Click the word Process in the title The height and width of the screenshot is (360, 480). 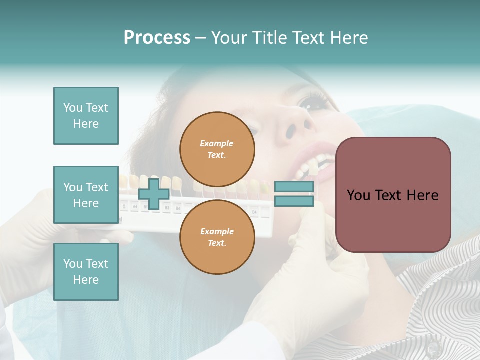pos(157,38)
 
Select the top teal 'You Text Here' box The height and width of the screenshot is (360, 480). pos(86,116)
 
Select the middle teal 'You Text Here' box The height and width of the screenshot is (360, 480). pos(86,195)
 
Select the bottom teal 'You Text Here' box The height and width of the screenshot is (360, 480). pos(86,271)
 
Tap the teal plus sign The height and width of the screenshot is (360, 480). pos(154,194)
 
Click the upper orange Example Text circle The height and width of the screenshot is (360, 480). pos(217,149)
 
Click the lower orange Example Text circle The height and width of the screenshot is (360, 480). pos(217,237)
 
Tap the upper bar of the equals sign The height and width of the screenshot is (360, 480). pos(294,187)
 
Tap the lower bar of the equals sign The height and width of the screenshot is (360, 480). pos(294,201)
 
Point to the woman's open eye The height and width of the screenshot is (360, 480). pos(311,103)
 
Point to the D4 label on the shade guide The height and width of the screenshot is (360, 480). pos(254,212)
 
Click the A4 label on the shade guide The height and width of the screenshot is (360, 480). pos(135,205)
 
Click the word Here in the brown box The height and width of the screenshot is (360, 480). pos(422,195)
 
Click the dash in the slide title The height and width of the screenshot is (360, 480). pos(200,38)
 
